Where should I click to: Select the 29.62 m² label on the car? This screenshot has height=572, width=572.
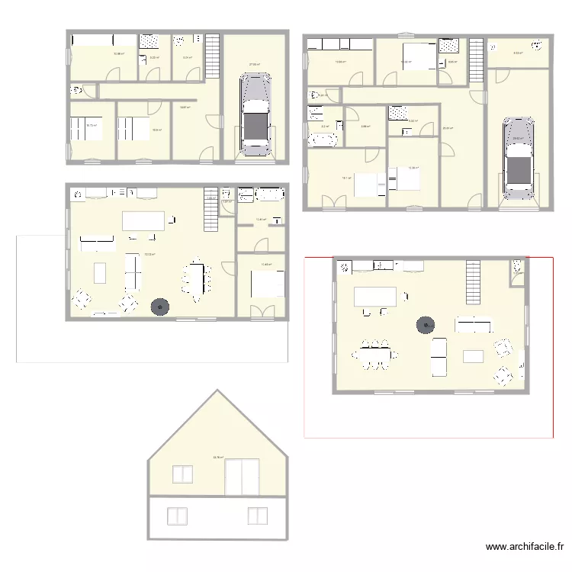pos(518,138)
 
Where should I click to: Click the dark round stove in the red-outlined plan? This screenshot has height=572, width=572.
pos(424,326)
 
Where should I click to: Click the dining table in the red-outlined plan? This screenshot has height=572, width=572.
pos(374,353)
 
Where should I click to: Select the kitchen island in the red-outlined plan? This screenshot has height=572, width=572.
pos(375,295)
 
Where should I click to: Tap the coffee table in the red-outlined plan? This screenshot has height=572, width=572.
pos(474,355)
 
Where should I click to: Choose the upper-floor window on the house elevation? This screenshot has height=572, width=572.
pos(183,474)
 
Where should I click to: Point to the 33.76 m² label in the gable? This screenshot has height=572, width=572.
pos(218,458)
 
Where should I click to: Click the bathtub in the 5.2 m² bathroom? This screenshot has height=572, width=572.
pos(322,140)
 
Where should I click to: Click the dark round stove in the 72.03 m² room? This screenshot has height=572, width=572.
pos(160,307)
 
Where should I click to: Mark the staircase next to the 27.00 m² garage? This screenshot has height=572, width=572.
pos(212,56)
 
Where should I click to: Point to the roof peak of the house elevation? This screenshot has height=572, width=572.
pos(219,391)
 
